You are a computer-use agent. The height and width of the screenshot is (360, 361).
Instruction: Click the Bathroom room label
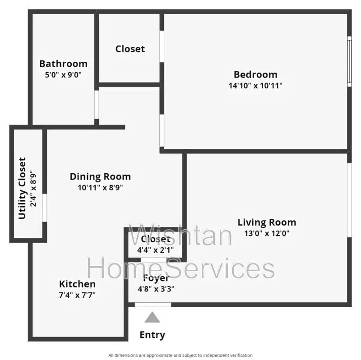tap(63, 64)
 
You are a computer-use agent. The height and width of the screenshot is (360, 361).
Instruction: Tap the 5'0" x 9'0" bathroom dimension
tap(63, 75)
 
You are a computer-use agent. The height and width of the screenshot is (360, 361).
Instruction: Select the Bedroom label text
tap(255, 74)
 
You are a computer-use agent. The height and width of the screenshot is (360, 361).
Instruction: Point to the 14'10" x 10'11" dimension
tap(255, 86)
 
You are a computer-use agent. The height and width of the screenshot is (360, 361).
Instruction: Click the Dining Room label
tap(100, 177)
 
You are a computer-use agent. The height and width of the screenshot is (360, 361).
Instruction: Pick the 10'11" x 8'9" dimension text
tap(100, 188)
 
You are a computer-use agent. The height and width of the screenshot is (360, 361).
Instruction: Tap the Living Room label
tap(267, 222)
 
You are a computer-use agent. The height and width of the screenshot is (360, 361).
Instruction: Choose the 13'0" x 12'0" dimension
tap(267, 233)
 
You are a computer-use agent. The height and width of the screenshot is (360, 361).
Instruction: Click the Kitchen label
tap(77, 284)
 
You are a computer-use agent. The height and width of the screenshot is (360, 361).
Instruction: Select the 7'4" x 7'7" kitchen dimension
tap(77, 295)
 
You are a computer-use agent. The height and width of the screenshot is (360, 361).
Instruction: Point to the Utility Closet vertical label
tap(22, 188)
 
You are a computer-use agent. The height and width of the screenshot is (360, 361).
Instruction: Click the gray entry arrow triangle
tap(152, 317)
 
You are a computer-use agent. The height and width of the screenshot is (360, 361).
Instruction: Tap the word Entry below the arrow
tap(153, 335)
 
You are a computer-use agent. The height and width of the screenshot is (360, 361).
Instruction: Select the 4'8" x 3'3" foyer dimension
tap(156, 289)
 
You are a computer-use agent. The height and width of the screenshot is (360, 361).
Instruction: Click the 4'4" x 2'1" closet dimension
tap(156, 250)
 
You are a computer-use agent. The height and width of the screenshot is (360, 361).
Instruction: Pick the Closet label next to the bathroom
tap(130, 49)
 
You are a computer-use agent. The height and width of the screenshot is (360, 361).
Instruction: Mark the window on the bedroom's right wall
tap(349, 61)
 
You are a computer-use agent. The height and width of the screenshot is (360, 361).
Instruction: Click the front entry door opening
tap(153, 305)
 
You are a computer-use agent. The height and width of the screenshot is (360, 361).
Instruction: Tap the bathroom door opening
tap(97, 105)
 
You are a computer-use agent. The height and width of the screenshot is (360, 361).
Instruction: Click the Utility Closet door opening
tap(45, 208)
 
